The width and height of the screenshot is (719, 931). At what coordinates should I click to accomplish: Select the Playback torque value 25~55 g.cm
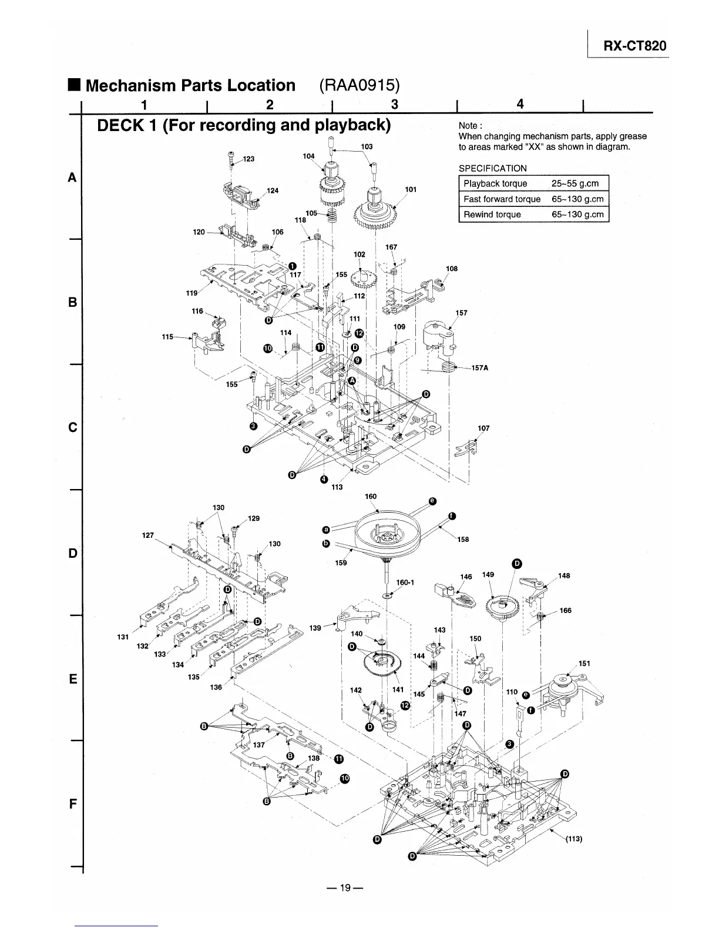[575, 183]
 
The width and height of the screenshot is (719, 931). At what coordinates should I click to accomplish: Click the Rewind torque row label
[492, 215]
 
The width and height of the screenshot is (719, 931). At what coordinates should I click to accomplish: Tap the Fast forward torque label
[502, 199]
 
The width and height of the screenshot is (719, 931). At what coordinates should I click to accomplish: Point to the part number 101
[411, 189]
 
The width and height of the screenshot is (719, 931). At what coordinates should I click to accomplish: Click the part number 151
[584, 663]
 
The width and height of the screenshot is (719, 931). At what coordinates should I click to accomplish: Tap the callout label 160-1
[405, 582]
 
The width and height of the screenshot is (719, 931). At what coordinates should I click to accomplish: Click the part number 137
[259, 745]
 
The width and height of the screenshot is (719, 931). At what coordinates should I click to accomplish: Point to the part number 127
[148, 535]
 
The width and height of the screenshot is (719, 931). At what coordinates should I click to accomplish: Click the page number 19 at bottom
[347, 888]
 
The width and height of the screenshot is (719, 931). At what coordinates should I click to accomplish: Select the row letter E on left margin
[73, 679]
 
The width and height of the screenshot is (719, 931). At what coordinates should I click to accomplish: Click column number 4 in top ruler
[519, 104]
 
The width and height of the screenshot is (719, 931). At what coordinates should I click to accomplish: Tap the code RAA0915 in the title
[359, 85]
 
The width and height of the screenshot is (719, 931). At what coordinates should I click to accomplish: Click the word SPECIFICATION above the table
[492, 168]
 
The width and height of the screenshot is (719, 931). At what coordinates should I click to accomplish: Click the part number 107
[483, 428]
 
